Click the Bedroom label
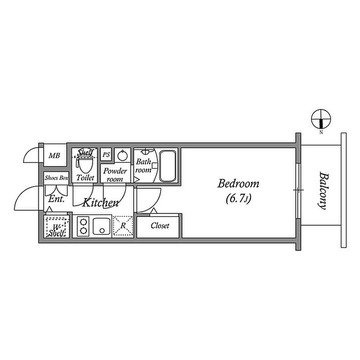point(238,184)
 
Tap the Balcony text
point(323,191)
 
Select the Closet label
point(160,226)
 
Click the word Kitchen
point(100,203)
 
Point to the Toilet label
point(85,177)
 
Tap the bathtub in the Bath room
point(168,166)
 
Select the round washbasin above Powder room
point(122,156)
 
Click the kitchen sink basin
point(102,226)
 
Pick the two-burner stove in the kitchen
point(83,226)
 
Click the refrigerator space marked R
point(123,226)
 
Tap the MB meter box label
point(54,156)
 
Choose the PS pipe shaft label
point(106,154)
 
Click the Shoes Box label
point(57,178)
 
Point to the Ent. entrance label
point(56,199)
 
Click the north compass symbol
point(321,119)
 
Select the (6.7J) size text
point(239,199)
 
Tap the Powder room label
point(115,175)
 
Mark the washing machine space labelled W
point(57,227)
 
